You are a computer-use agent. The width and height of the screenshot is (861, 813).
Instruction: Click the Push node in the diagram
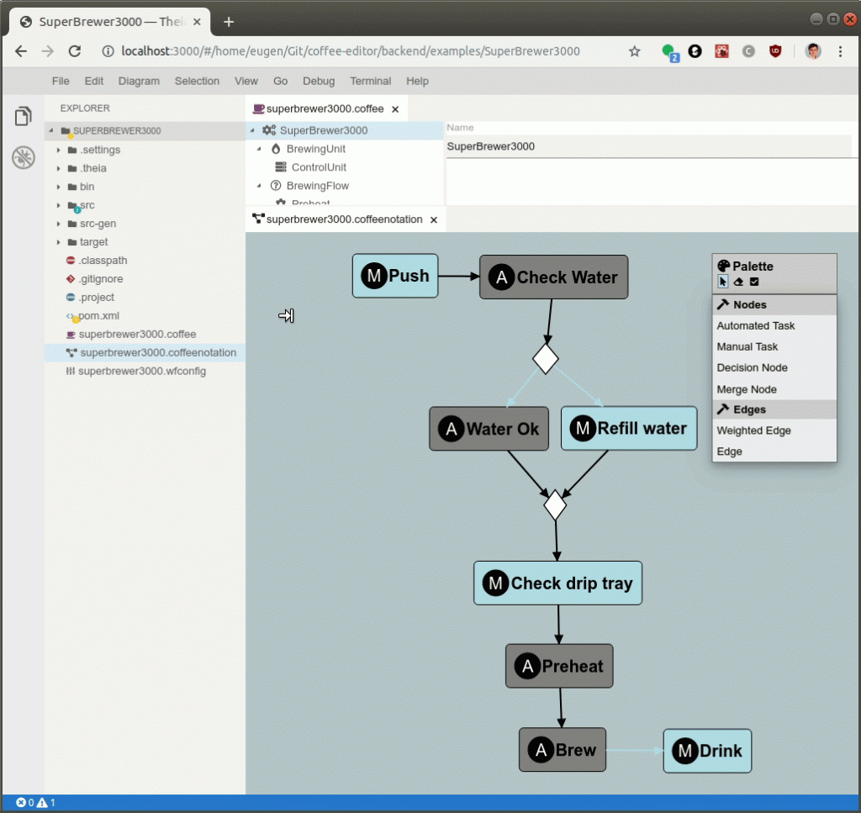click(x=395, y=276)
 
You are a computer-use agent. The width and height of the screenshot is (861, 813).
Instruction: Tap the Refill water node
click(x=629, y=429)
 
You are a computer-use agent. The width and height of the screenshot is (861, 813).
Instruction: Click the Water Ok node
click(x=489, y=429)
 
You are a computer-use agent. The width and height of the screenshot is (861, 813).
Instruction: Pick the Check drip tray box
click(x=557, y=583)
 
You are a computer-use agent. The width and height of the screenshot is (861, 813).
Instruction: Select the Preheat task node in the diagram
click(x=559, y=667)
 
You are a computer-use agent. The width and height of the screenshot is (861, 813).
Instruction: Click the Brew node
click(x=562, y=750)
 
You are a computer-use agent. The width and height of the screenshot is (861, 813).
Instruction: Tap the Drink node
click(x=707, y=751)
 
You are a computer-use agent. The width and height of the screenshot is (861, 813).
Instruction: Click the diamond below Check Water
click(x=546, y=358)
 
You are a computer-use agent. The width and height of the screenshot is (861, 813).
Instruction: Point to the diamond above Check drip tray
click(x=555, y=505)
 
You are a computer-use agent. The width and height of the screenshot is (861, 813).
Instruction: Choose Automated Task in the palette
click(x=755, y=325)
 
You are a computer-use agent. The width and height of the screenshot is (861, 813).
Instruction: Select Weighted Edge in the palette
click(x=753, y=430)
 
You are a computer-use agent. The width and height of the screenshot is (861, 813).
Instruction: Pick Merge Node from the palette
click(x=747, y=389)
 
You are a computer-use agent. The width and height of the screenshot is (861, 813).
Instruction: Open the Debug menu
click(x=319, y=82)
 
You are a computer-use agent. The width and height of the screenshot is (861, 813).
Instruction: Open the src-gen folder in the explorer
click(x=98, y=224)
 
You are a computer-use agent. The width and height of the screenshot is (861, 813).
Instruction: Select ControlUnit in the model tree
click(x=319, y=167)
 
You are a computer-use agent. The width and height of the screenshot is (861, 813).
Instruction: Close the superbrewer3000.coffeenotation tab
click(x=434, y=220)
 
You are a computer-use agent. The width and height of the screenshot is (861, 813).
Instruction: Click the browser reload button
click(x=75, y=51)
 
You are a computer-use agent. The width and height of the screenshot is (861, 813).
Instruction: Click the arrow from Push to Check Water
click(x=458, y=276)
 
